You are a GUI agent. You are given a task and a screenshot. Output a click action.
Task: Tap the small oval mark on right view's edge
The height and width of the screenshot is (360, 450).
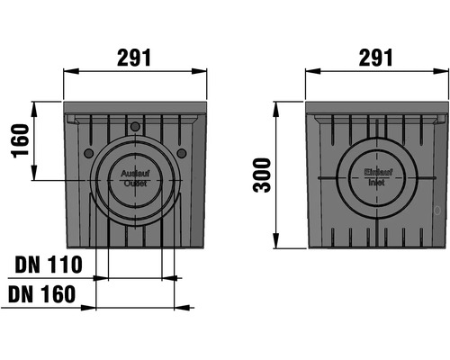[x=437, y=212]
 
